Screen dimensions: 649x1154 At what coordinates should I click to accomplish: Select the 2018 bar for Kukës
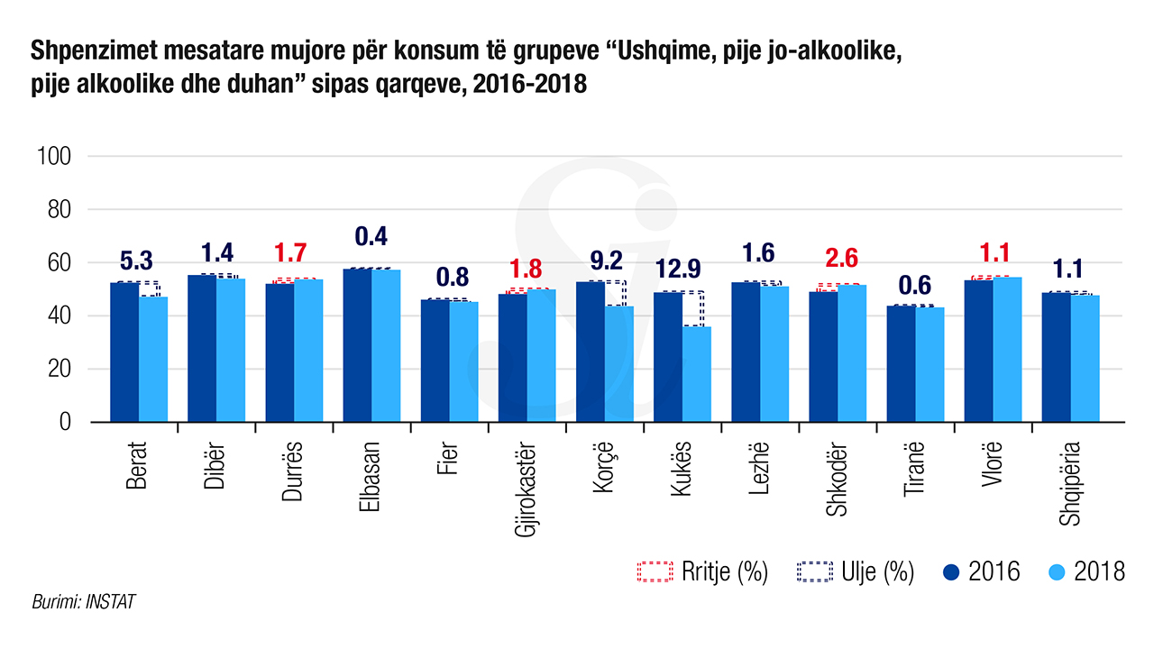point(696,373)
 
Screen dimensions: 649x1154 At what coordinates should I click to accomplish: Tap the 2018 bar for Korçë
point(618,363)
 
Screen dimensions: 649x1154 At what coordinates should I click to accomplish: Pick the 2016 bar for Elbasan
point(357,344)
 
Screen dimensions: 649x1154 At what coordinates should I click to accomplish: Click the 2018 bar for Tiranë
point(930,364)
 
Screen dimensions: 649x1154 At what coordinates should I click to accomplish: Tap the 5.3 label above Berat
point(135,261)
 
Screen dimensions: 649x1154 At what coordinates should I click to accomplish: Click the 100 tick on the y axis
point(53,156)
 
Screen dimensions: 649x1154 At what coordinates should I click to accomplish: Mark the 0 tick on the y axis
point(65,422)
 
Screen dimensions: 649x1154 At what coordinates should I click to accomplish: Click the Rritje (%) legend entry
point(701,571)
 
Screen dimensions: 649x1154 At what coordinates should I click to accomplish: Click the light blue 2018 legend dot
point(1058,571)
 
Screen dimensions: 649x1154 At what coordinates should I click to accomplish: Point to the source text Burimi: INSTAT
point(83,601)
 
